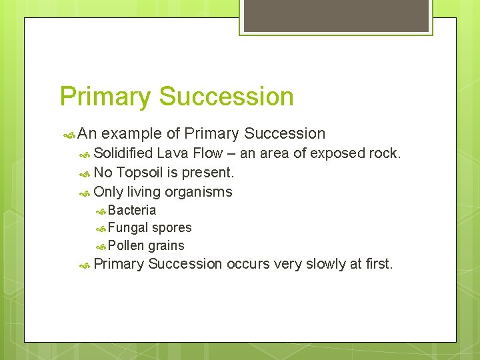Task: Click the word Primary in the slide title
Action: coord(105,97)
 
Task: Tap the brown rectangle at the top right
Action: coord(335,16)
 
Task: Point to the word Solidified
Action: coord(123,153)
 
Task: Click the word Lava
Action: coord(171,153)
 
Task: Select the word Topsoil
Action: coord(140,173)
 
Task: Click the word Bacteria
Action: coord(132,210)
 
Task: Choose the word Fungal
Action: coord(128,227)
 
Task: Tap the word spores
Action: coord(172,227)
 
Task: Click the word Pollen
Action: coord(127,245)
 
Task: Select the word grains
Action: coord(166,245)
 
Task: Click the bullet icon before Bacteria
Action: coord(101,211)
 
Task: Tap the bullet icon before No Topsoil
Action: coord(85,173)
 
